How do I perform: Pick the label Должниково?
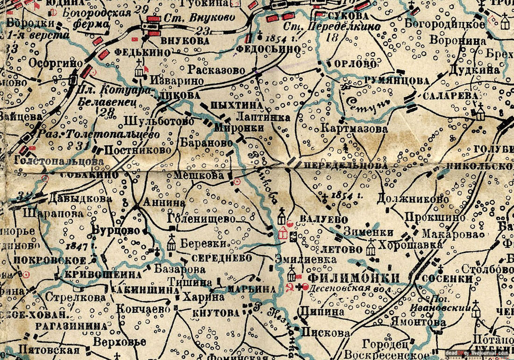pos(412,199)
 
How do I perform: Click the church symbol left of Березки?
pos(171,242)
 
